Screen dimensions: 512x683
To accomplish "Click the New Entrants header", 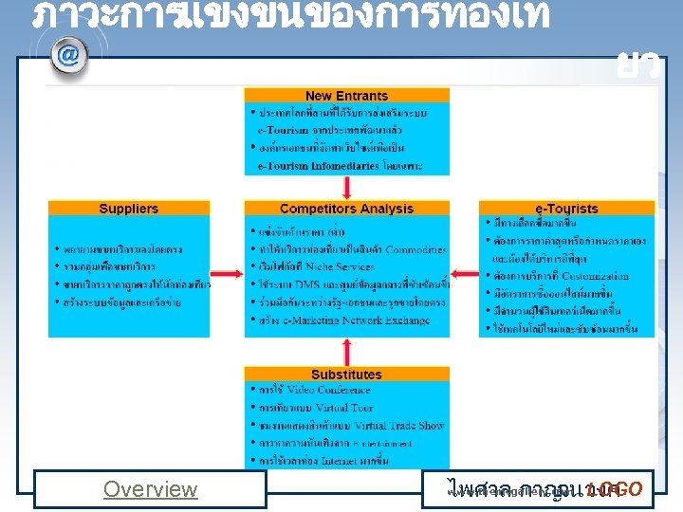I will click(x=346, y=96).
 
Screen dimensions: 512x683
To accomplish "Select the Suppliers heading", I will click(x=128, y=209).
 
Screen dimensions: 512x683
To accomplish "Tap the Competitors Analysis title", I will click(x=346, y=209).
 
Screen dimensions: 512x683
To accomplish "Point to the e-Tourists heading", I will click(x=567, y=209).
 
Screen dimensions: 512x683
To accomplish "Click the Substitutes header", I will click(x=346, y=375).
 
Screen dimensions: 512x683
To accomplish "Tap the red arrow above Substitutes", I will click(x=347, y=352).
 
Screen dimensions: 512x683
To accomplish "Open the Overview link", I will click(x=150, y=489).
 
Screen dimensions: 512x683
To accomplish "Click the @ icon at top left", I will click(x=67, y=54).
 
